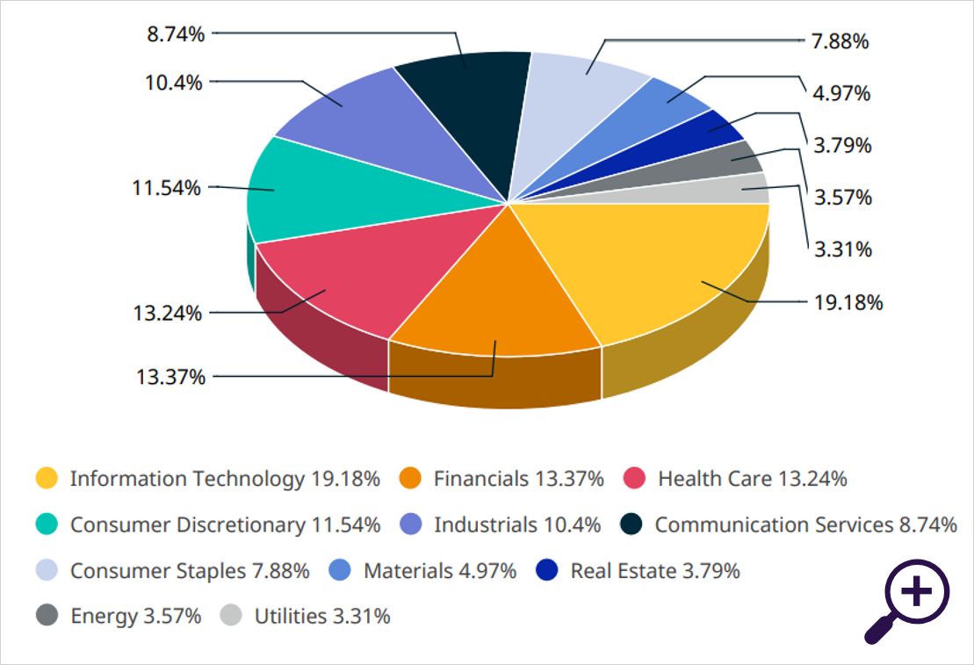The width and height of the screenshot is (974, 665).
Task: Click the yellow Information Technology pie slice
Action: click(676, 264)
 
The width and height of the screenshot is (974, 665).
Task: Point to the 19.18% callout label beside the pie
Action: click(848, 303)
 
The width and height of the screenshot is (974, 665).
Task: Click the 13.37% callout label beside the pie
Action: click(170, 377)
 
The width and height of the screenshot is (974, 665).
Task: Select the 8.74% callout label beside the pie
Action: click(176, 34)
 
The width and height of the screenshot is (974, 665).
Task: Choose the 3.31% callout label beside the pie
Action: click(843, 249)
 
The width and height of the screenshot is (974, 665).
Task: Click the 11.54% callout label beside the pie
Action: click(168, 188)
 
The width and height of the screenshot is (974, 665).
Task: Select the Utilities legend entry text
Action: click(322, 616)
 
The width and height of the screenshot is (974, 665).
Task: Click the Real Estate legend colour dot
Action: click(547, 570)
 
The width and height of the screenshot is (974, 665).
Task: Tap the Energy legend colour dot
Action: click(47, 616)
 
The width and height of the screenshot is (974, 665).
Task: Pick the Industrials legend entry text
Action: click(517, 524)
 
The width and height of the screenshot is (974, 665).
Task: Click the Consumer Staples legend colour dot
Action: click(47, 570)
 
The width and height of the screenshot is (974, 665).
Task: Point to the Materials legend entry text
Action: click(439, 570)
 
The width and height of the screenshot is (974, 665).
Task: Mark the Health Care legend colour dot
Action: click(634, 479)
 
